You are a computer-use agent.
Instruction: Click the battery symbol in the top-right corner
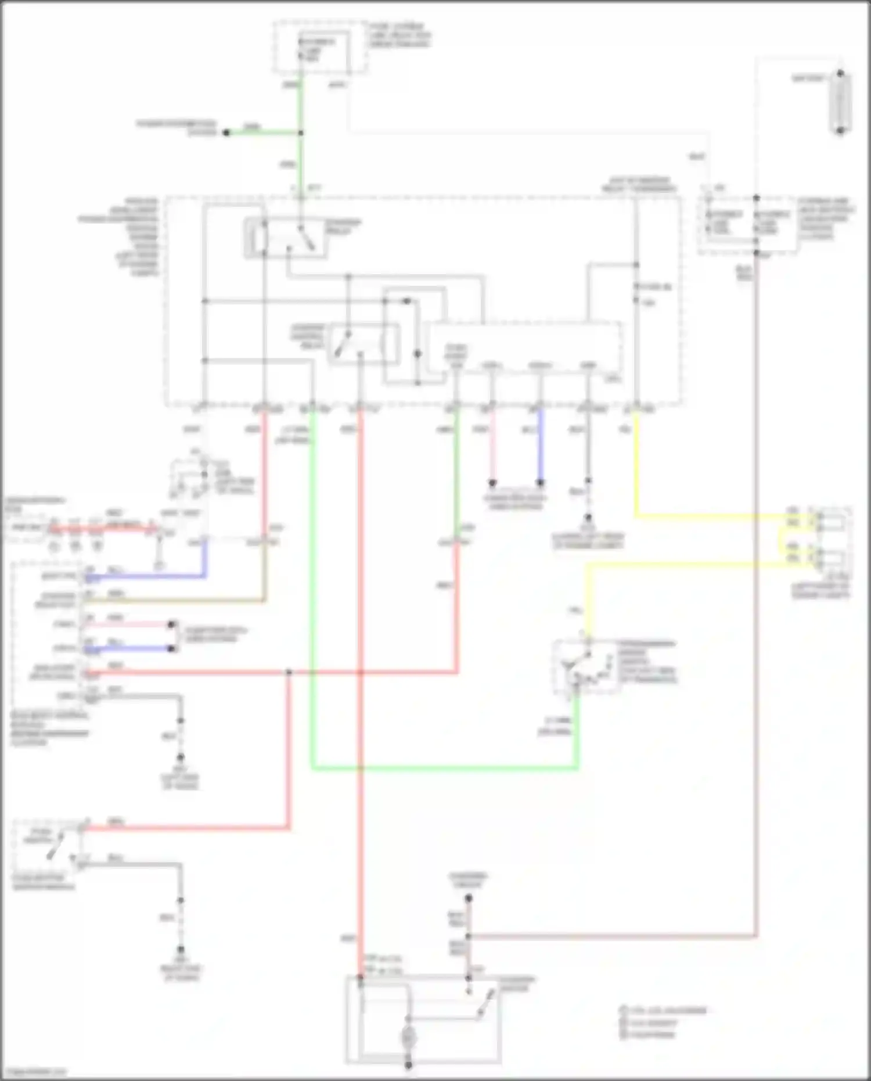840,102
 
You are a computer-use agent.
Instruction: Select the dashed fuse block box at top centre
321,48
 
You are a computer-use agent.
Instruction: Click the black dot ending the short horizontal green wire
227,133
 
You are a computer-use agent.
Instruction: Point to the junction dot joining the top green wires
301,133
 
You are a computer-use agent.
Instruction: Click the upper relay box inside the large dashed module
286,238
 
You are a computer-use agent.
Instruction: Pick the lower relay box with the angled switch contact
363,344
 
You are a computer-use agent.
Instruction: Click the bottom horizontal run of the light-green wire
444,769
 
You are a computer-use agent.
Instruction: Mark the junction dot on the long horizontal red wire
289,673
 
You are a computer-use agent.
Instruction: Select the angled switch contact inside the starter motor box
487,1004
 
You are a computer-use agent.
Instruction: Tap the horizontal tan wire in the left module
174,601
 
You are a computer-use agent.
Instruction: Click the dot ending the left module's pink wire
171,625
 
